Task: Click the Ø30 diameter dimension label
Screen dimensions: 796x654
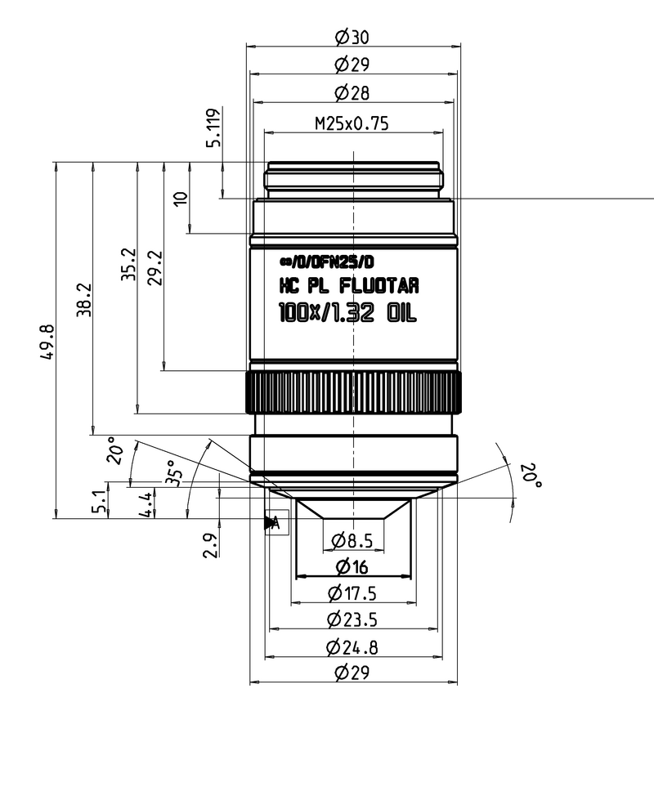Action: click(x=352, y=37)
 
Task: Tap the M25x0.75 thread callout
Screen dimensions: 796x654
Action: click(x=352, y=124)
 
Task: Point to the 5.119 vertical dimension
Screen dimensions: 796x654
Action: click(x=214, y=127)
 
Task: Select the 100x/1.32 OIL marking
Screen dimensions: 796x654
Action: click(x=348, y=312)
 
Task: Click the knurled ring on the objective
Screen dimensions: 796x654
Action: click(x=353, y=392)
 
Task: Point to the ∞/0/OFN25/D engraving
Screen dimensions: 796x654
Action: click(x=326, y=262)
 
